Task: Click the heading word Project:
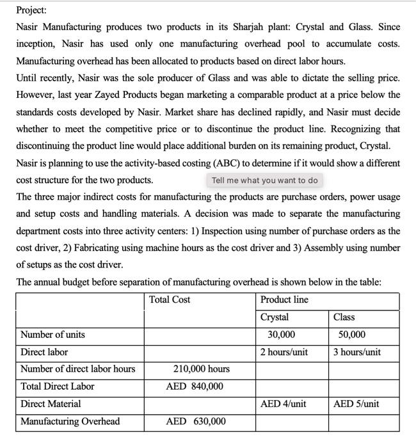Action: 31,10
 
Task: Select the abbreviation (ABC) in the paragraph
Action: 246,163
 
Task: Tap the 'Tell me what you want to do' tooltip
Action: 264,180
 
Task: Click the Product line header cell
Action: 284,300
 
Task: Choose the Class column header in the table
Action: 344,317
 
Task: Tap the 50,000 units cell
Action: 352,334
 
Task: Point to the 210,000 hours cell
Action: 201,369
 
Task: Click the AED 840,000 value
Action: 195,386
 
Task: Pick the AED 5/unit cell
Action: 356,403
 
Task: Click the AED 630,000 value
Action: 195,421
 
